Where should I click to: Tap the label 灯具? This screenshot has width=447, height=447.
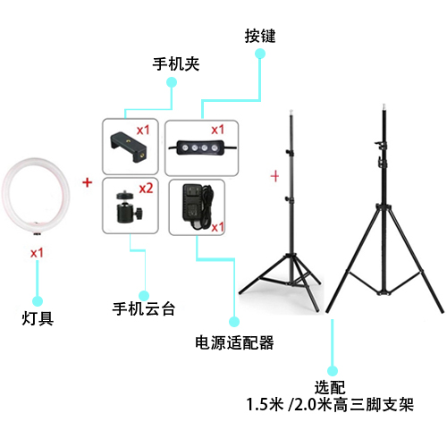coord(38,318)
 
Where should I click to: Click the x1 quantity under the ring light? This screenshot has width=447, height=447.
coord(37,253)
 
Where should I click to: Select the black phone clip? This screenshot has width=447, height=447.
coord(129,147)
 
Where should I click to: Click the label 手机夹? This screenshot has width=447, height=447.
coord(176,63)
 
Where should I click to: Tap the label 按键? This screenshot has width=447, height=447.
coord(260,36)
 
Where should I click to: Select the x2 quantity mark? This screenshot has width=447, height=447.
coord(146,189)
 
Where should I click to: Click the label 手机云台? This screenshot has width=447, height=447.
coord(144,308)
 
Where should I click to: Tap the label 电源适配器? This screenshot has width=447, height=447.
coord(234,342)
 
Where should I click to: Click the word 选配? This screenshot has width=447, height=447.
coord(330,387)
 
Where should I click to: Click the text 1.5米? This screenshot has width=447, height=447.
coord(265,405)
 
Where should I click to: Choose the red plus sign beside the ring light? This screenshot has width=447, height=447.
coord(88,182)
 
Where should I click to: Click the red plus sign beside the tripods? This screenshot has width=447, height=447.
coord(274,176)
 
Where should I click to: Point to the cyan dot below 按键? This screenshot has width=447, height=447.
coord(260,54)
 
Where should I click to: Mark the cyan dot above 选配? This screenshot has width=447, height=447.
coord(333,371)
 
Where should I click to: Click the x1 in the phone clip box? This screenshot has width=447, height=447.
coord(143,131)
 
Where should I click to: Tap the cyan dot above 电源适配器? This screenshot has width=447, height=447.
coord(234,322)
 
